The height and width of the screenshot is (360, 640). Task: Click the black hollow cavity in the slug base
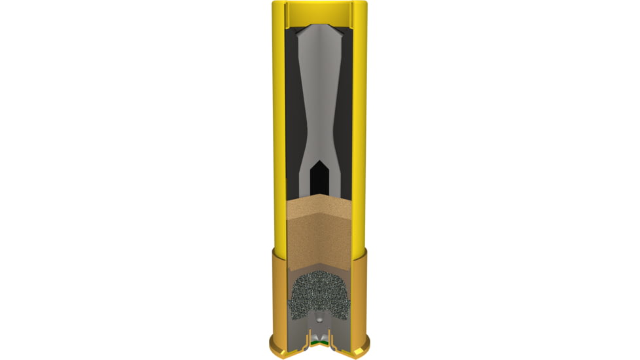[x=320, y=175]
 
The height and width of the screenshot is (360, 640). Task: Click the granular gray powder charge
[x=320, y=295]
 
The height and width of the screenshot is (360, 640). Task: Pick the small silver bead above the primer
[x=319, y=319]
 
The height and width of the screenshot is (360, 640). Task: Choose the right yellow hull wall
[x=359, y=131]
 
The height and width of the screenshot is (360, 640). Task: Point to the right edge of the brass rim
[x=368, y=338]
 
